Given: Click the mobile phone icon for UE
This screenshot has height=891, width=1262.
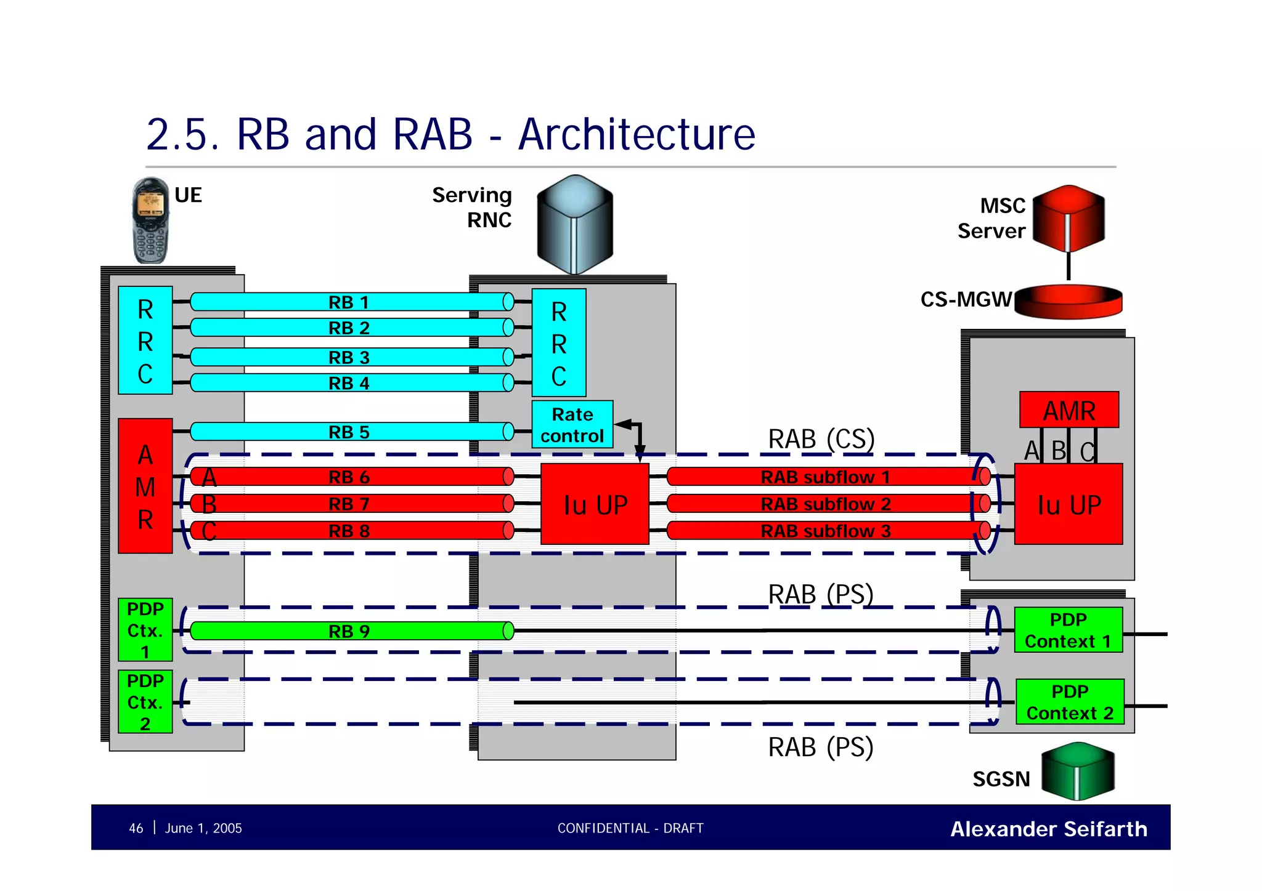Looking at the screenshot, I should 150,220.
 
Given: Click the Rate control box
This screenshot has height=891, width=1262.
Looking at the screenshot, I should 572,425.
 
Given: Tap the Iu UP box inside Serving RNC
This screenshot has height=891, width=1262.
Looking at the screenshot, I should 595,504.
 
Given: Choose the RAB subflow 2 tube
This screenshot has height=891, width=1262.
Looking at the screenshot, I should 826,504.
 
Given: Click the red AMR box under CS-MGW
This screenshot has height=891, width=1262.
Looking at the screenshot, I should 1069,410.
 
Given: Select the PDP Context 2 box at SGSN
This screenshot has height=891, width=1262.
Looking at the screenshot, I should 1070,702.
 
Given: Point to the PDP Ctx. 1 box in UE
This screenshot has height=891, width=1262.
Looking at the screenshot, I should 145,630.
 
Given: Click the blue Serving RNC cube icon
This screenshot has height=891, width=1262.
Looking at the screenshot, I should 574,224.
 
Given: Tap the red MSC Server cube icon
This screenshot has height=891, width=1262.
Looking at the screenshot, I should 1069,218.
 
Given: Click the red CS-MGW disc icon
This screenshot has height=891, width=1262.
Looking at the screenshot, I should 1069,301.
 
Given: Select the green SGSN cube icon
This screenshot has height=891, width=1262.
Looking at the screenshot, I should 1078,770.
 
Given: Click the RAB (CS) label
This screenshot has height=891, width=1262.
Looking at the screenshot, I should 821,439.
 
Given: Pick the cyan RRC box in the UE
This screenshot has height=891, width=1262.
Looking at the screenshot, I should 145,341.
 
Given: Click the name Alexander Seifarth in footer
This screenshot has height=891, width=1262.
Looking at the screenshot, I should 1049,829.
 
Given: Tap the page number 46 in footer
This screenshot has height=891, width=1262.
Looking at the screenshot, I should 136,828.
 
